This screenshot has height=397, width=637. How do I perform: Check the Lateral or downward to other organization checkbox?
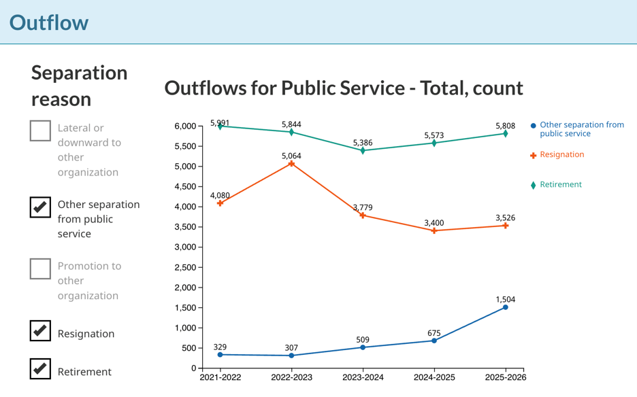[40, 131]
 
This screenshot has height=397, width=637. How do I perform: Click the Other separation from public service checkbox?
[40, 207]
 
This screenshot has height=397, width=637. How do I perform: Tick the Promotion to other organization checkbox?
[40, 269]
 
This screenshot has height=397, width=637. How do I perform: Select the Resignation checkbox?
[40, 330]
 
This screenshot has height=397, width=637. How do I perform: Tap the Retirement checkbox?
[40, 368]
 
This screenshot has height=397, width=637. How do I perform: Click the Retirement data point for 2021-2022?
[220, 126]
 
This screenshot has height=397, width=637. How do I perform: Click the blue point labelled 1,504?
[506, 307]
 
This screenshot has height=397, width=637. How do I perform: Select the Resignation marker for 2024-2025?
[434, 230]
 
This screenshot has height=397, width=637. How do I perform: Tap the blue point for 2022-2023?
[291, 356]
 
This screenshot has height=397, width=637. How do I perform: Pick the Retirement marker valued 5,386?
[363, 151]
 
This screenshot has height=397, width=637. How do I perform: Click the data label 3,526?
[506, 218]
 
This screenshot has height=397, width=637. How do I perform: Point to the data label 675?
[434, 333]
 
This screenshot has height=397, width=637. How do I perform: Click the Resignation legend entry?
[557, 155]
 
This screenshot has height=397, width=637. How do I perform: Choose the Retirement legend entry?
[556, 185]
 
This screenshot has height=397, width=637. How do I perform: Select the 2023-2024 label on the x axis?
[363, 377]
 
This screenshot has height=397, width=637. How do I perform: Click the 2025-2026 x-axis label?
[506, 377]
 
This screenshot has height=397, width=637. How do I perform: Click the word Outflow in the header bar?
[49, 22]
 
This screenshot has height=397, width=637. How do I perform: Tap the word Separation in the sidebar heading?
[79, 73]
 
